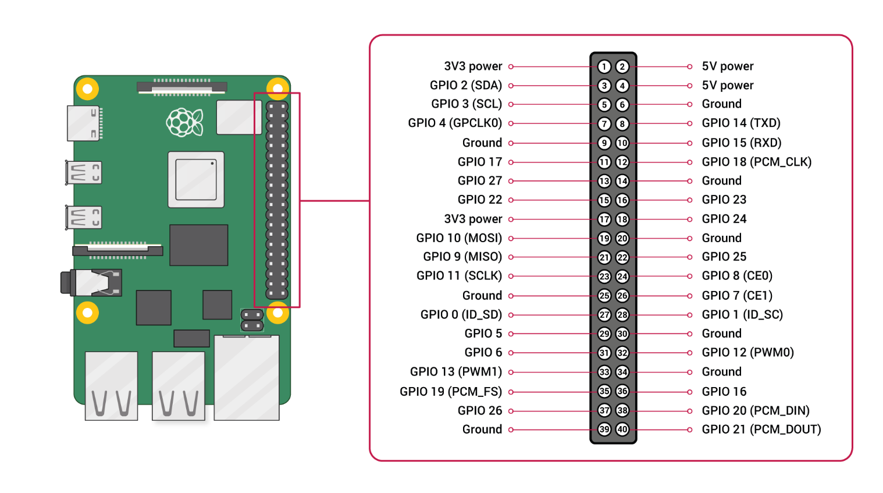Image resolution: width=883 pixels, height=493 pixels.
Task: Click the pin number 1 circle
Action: click(x=604, y=67)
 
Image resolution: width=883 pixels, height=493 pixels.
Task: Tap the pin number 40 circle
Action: click(x=622, y=430)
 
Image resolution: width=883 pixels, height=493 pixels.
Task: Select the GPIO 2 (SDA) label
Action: click(x=465, y=86)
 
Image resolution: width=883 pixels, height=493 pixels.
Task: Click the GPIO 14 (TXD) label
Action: click(x=740, y=123)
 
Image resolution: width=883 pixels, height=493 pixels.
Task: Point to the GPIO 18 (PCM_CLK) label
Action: click(x=756, y=162)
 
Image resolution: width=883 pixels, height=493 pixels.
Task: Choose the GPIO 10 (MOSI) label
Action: click(x=459, y=238)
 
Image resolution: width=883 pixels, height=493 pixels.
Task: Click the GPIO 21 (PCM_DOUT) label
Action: click(x=761, y=430)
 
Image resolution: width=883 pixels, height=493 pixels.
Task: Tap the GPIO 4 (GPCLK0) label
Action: click(x=454, y=123)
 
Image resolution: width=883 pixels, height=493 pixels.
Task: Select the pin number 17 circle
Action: click(x=604, y=219)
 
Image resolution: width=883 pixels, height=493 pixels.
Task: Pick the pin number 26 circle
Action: click(x=622, y=296)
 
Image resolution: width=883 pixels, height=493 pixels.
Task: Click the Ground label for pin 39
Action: click(x=482, y=430)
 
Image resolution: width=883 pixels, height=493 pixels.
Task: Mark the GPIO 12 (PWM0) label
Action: click(x=747, y=353)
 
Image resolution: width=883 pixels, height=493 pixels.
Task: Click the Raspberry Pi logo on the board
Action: click(x=184, y=122)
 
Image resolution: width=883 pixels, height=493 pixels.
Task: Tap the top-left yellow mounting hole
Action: click(x=87, y=89)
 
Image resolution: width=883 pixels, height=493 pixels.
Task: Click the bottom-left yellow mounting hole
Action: click(x=87, y=313)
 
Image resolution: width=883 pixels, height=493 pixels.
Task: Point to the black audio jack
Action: click(x=91, y=282)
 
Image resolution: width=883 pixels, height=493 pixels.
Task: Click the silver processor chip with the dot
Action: click(x=196, y=179)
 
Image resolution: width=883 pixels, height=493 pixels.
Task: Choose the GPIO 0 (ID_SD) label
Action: click(x=461, y=315)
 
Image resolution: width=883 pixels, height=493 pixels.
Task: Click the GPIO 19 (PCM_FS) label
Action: click(x=450, y=392)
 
